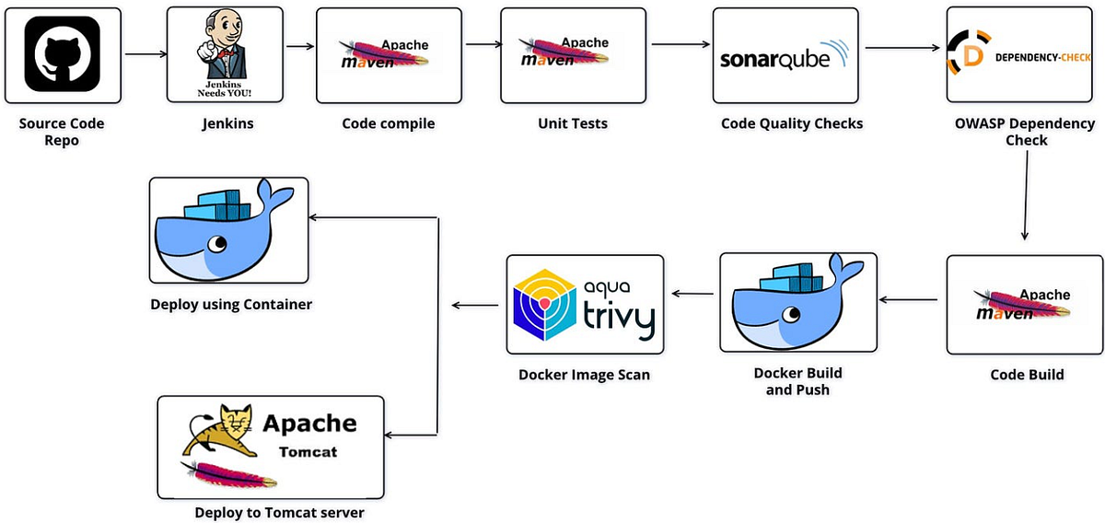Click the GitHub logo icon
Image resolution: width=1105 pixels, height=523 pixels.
click(63, 53)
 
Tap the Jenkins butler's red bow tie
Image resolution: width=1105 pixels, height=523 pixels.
click(227, 53)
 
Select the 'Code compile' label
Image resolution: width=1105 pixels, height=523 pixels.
click(389, 123)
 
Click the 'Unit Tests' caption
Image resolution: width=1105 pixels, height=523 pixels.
click(573, 123)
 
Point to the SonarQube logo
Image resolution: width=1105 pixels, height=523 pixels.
click(785, 56)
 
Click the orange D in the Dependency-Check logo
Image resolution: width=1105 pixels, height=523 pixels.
click(972, 57)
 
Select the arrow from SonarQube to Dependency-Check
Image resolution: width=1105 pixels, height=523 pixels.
click(902, 48)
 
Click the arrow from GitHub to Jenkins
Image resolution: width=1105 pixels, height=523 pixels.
click(146, 53)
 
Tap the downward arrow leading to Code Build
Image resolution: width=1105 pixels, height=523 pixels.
click(1026, 195)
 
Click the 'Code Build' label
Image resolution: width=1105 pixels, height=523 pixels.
click(1027, 375)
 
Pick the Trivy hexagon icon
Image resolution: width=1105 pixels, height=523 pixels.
click(544, 305)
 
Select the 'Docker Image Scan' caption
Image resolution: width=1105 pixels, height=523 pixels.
click(584, 375)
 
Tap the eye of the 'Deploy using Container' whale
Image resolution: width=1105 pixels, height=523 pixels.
click(217, 243)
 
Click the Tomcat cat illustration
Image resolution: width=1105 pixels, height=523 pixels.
click(219, 431)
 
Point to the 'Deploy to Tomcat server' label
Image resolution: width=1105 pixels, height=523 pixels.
click(279, 513)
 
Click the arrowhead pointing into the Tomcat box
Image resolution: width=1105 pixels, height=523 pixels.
click(388, 436)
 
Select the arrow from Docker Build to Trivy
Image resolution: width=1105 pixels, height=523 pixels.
click(692, 294)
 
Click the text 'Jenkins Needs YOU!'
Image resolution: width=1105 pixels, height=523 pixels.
click(225, 88)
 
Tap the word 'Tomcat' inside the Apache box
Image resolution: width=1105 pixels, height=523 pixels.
click(308, 452)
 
